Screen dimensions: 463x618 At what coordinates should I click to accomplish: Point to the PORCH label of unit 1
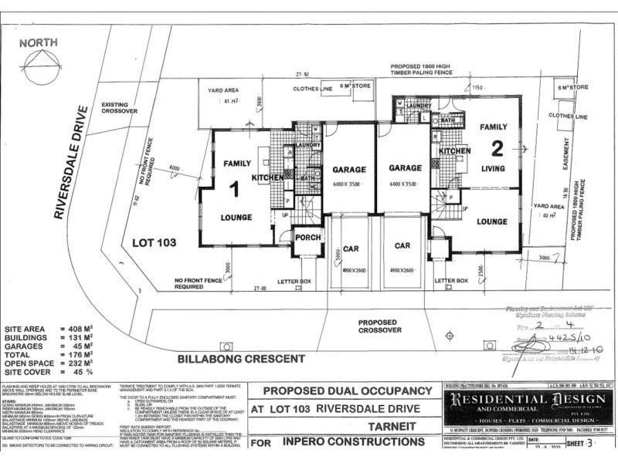coord(307,237)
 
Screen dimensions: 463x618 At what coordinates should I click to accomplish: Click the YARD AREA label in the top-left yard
coord(224,90)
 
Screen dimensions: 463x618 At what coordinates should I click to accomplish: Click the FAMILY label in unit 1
coord(238,164)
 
